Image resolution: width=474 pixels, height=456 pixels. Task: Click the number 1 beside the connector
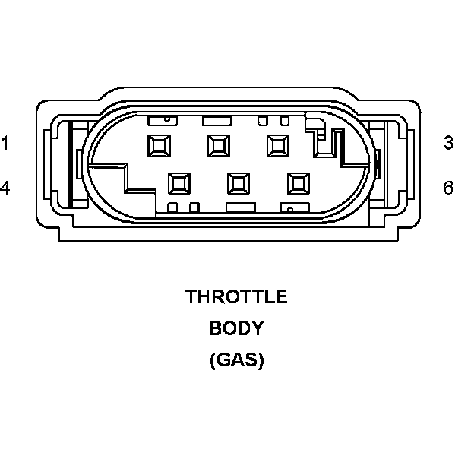coord(5,142)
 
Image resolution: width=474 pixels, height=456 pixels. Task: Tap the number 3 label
coord(449,142)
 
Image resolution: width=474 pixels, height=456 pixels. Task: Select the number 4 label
coord(5,187)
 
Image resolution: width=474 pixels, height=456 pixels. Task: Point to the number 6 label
coord(449,187)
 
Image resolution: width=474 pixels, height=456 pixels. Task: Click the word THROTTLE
coord(237,296)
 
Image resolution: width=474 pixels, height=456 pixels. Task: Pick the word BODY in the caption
coord(237,328)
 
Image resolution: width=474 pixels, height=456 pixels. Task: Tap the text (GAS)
coord(237,360)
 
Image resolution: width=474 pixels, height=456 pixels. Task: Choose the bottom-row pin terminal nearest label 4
coord(179,182)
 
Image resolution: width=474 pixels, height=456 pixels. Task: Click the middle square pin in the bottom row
coord(238,182)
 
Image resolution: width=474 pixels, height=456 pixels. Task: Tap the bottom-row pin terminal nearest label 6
coord(297,182)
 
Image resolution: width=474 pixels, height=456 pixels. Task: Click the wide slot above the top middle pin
coord(216,120)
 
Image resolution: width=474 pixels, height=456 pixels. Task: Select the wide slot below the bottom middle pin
coord(240,207)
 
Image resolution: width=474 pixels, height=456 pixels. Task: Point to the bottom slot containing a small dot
coord(292,207)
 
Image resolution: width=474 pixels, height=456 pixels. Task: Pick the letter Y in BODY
coord(258,328)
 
